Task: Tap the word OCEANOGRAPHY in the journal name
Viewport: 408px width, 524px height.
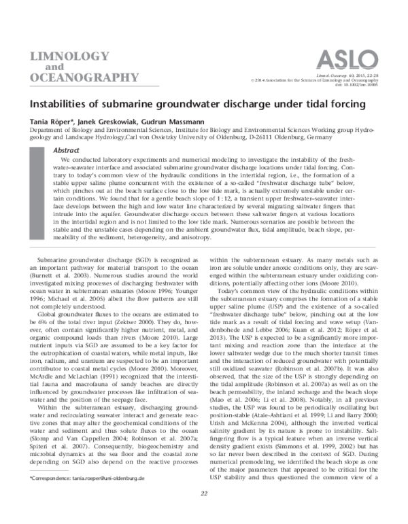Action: (x=75, y=77)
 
